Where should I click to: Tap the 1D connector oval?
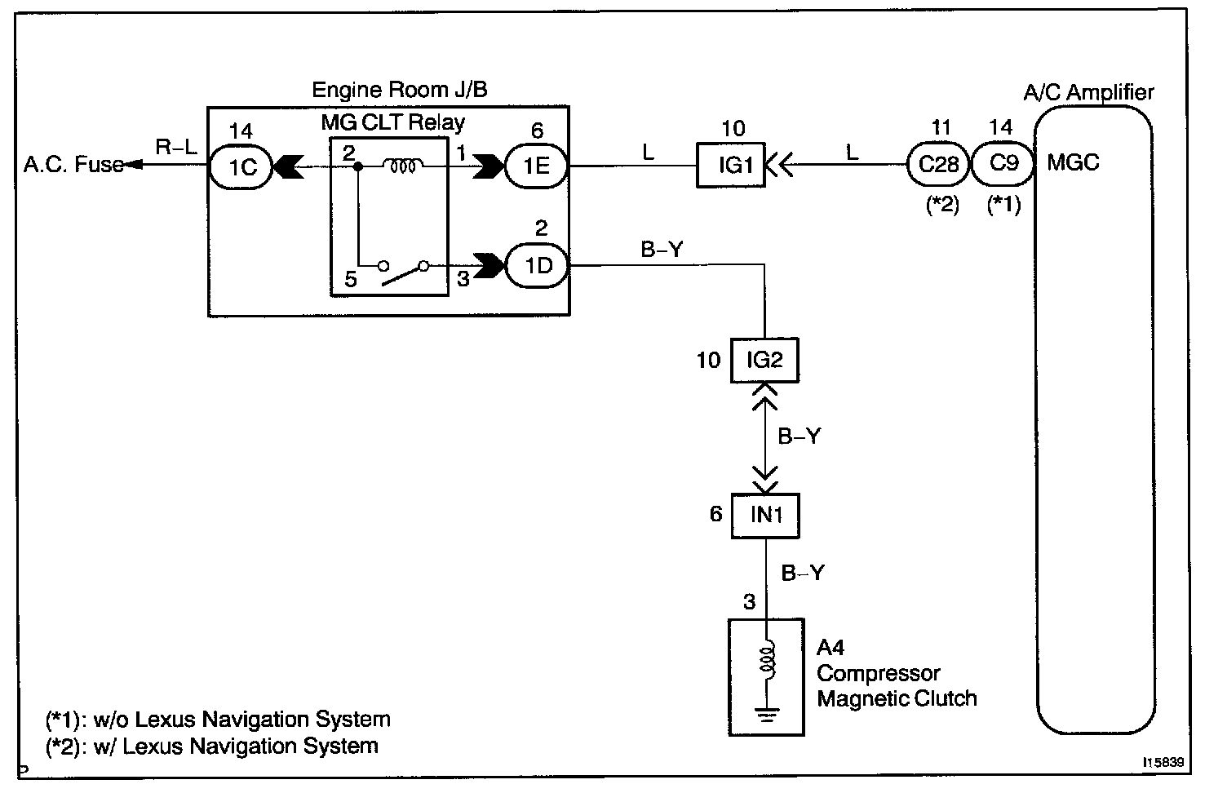(x=538, y=265)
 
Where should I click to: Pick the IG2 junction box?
(x=764, y=360)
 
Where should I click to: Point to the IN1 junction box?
(x=765, y=516)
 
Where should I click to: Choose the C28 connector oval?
(x=937, y=164)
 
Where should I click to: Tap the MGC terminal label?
(x=1073, y=163)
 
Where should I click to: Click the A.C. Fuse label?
(x=73, y=165)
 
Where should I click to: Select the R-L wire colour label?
(x=176, y=147)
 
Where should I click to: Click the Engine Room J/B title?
(x=400, y=89)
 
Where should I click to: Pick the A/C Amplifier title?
(x=1088, y=92)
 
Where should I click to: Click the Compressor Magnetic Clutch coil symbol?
(x=766, y=662)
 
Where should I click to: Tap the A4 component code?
(x=831, y=648)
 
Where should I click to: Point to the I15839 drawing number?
(x=1163, y=763)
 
